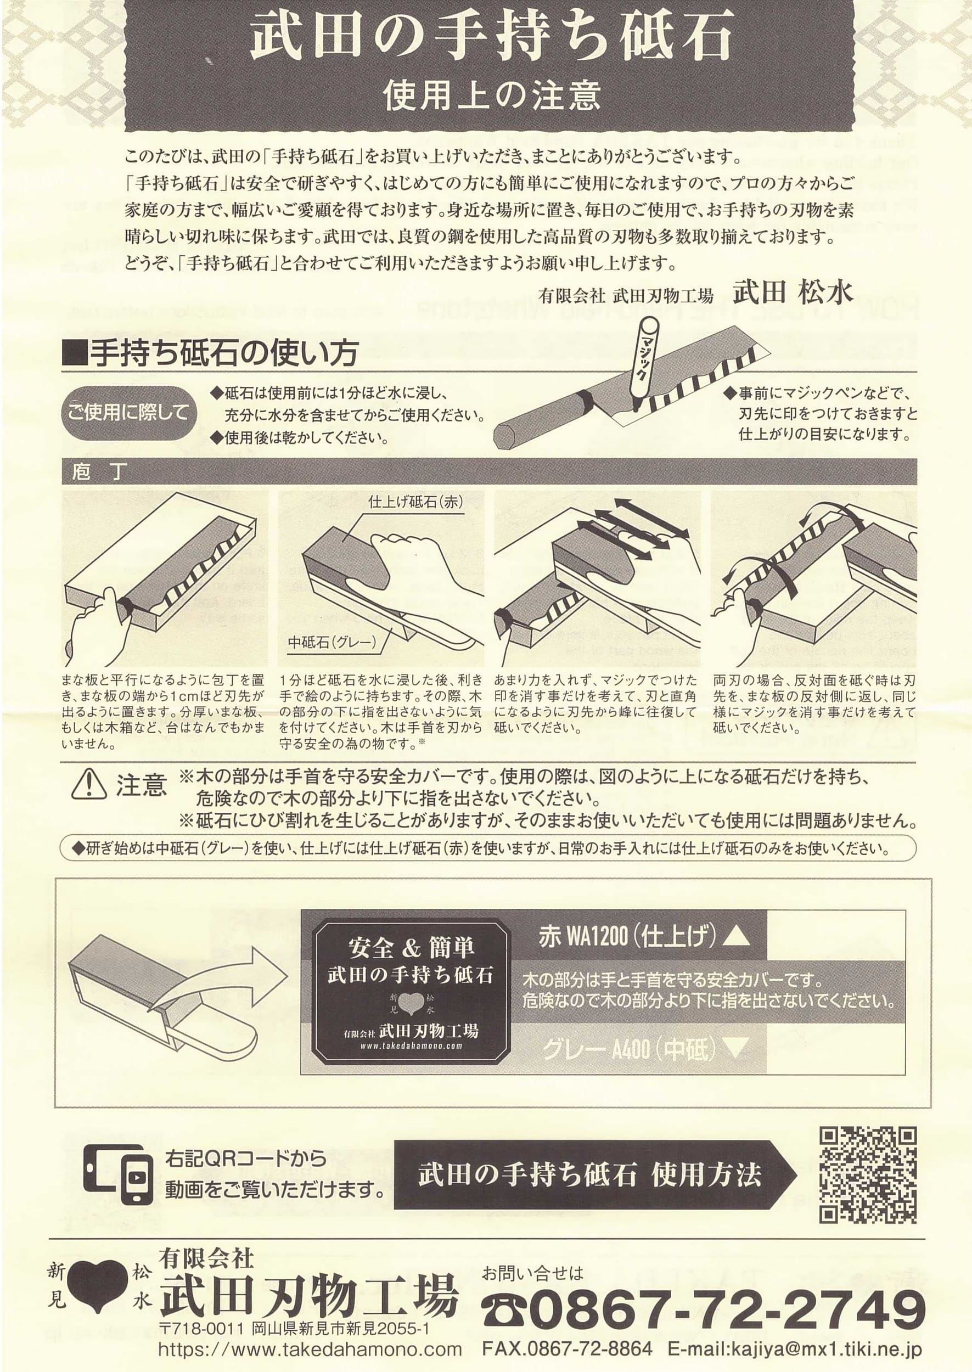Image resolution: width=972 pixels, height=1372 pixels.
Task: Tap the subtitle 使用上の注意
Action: pyautogui.click(x=491, y=95)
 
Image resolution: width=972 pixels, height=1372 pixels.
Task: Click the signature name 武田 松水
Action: pyautogui.click(x=793, y=293)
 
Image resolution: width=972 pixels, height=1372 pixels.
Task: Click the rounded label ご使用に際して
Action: pyautogui.click(x=128, y=412)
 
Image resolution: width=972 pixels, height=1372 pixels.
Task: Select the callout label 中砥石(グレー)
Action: pyautogui.click(x=332, y=642)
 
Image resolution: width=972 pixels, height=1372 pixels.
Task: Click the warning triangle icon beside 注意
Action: pyautogui.click(x=88, y=784)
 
